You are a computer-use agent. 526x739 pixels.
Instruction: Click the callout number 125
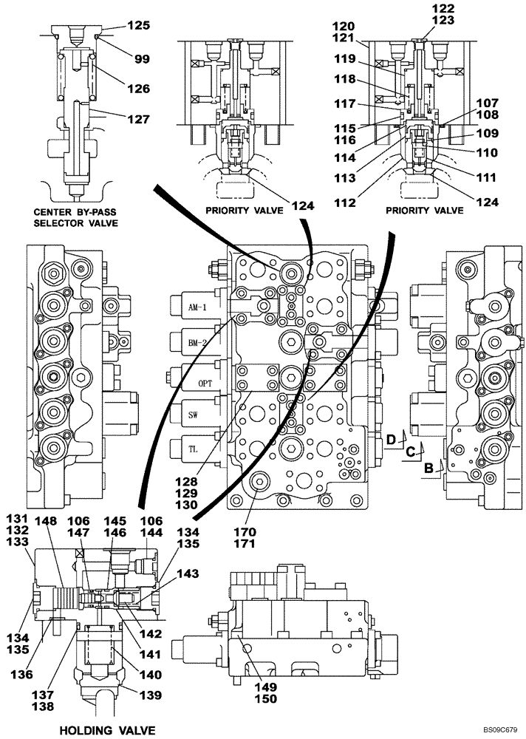(x=137, y=25)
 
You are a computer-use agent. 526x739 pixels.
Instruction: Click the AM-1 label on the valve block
(x=189, y=308)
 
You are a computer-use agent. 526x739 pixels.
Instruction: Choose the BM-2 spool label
(x=189, y=341)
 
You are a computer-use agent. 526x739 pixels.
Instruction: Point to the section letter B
(x=428, y=466)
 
